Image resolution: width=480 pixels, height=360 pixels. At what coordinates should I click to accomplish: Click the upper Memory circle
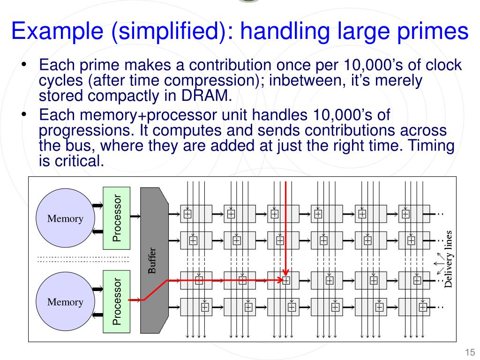(x=65, y=218)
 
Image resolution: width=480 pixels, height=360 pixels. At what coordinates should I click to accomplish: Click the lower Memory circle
(x=65, y=301)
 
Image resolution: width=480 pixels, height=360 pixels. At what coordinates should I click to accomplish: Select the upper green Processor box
(x=117, y=218)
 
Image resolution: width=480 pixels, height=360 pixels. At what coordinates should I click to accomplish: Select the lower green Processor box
(x=117, y=301)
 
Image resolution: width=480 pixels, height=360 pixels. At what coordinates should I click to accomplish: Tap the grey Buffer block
(x=154, y=260)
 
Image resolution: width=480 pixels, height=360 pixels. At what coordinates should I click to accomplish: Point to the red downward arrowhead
(x=285, y=272)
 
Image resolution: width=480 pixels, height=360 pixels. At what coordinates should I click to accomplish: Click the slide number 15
(x=470, y=352)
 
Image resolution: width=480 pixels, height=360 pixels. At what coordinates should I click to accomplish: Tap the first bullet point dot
(x=24, y=65)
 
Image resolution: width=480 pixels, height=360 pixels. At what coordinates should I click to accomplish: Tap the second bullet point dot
(x=24, y=114)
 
